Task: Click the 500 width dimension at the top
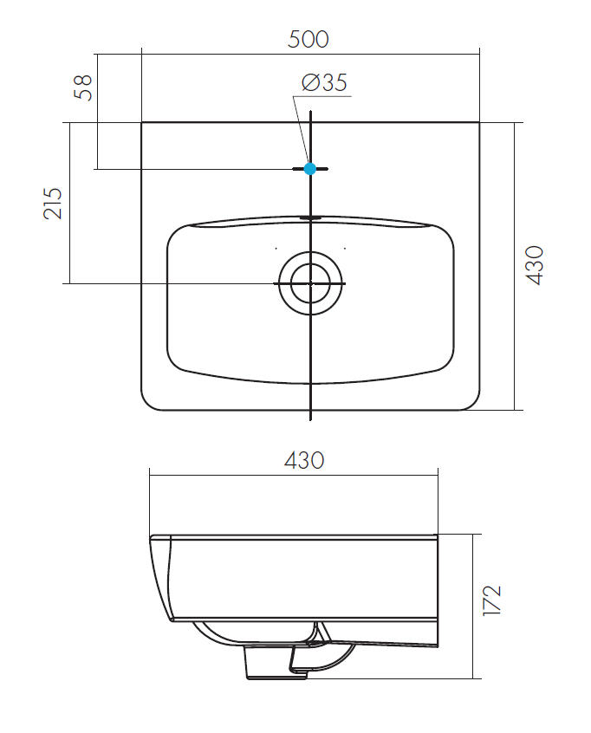[310, 39]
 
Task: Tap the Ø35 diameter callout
[324, 82]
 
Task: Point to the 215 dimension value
[53, 203]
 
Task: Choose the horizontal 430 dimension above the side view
[303, 460]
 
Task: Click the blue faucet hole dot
[310, 169]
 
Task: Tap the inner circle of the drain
[310, 282]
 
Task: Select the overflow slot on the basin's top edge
[310, 217]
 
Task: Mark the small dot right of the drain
[346, 249]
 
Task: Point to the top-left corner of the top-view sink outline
[142, 123]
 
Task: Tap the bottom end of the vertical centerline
[310, 418]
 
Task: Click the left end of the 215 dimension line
[66, 283]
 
